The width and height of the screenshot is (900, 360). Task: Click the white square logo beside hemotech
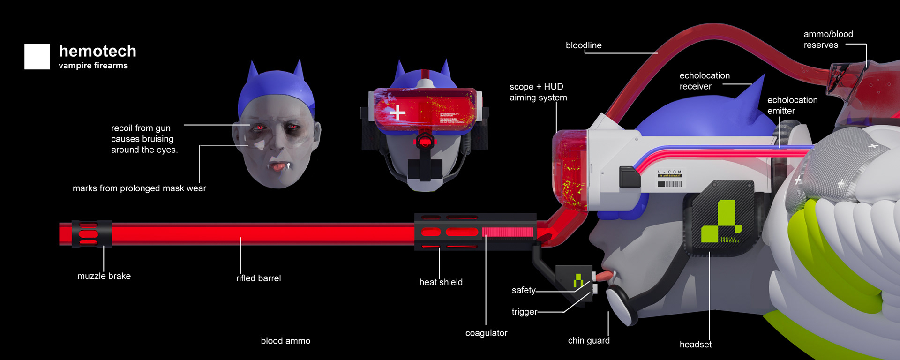click(37, 57)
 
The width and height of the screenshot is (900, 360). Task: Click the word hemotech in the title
click(97, 51)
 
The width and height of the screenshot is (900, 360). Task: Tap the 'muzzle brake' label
click(104, 276)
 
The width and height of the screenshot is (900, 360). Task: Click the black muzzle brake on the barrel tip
click(92, 233)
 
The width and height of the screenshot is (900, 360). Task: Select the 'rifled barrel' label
click(258, 278)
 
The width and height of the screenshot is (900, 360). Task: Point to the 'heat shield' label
click(441, 282)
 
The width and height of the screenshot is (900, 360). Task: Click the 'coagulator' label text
click(486, 333)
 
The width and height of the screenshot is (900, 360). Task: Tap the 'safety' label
click(524, 290)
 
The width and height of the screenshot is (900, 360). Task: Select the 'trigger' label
click(524, 312)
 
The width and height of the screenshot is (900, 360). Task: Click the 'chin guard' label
click(589, 340)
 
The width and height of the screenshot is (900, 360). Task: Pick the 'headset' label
click(695, 345)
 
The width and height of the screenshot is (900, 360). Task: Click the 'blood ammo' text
click(285, 341)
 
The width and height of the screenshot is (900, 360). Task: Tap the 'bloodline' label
click(584, 45)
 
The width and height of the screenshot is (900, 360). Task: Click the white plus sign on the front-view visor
click(397, 112)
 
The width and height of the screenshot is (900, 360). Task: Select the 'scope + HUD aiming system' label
click(538, 92)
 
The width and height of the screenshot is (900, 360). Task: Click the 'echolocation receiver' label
click(704, 81)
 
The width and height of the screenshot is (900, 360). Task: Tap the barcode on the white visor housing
click(669, 184)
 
